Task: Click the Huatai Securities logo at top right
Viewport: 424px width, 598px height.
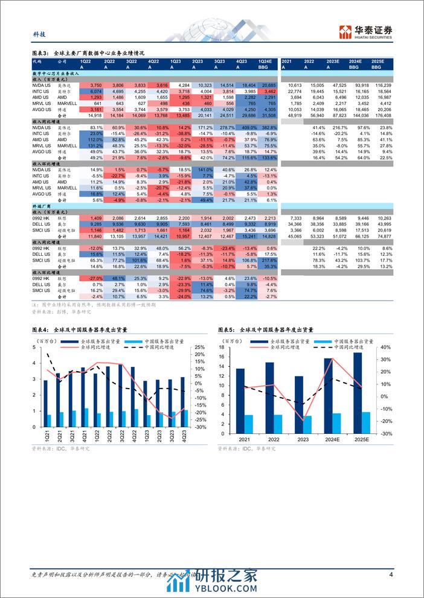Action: coord(366,31)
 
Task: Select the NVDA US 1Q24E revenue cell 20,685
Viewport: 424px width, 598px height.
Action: coord(266,86)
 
